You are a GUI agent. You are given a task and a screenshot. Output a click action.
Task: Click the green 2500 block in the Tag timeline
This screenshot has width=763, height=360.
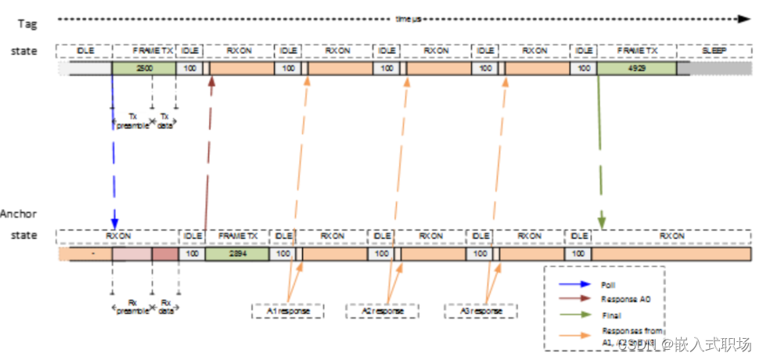pos(144,69)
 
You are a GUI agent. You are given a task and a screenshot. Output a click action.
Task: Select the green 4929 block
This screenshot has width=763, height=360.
pos(635,69)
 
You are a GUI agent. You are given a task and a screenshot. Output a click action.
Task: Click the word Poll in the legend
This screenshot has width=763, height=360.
pos(608,286)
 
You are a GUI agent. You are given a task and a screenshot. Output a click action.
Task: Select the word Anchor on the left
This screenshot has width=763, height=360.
pos(19,214)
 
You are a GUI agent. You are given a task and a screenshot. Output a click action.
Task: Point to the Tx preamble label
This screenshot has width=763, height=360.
pos(132,121)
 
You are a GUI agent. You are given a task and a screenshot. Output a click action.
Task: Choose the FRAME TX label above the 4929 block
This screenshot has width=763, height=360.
pos(635,51)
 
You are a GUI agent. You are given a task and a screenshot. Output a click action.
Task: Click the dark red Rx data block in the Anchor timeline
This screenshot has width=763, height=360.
pos(165,254)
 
